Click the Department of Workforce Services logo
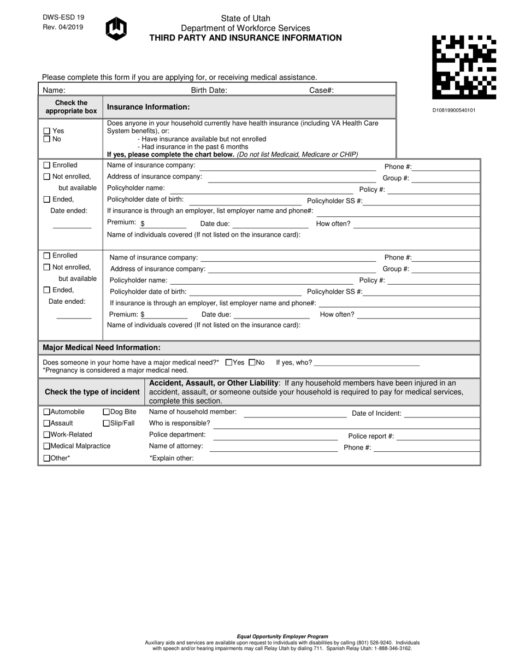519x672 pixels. (116, 28)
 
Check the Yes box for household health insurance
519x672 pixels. (47, 131)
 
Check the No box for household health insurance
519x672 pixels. (47, 139)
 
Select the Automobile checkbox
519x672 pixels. (46, 412)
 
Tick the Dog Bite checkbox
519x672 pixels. (107, 412)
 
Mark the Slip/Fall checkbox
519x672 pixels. (107, 423)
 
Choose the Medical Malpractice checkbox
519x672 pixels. (46, 446)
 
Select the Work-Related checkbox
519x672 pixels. (46, 435)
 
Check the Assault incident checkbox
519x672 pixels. (46, 423)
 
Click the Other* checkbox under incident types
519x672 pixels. (46, 458)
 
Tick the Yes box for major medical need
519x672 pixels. (229, 362)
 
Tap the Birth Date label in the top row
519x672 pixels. (209, 91)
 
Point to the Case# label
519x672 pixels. (321, 91)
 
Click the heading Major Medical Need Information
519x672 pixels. (102, 347)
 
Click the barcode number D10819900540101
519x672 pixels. (454, 110)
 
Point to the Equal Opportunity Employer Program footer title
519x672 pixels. (282, 636)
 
